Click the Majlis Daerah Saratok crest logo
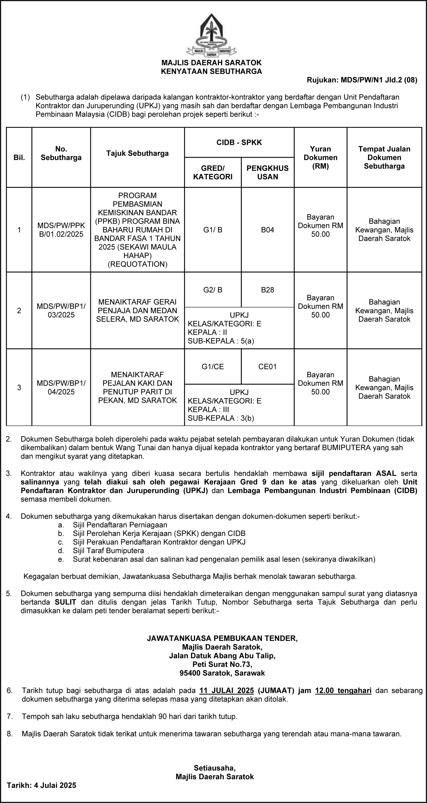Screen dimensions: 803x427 click(x=212, y=35)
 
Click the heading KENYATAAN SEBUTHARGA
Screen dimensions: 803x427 click(x=212, y=72)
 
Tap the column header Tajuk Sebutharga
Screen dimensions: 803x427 click(x=137, y=153)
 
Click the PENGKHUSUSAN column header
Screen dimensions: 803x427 click(x=267, y=172)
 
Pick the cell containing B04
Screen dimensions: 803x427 click(x=267, y=230)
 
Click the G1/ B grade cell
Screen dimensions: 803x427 click(x=213, y=230)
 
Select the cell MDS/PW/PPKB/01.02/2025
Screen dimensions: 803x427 click(x=61, y=230)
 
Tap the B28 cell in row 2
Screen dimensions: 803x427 click(x=267, y=290)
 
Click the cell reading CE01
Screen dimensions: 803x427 click(x=267, y=367)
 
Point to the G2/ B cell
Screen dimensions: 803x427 click(x=213, y=290)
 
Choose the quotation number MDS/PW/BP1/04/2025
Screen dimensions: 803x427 click(x=61, y=388)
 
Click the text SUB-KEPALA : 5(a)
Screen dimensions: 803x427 click(x=221, y=341)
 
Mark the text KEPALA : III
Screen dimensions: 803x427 click(x=208, y=410)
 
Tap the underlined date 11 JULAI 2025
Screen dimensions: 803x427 click(x=227, y=691)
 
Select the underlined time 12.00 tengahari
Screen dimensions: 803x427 click(x=343, y=691)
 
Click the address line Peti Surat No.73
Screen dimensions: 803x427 click(x=222, y=664)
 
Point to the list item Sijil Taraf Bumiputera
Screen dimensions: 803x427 click(x=108, y=551)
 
